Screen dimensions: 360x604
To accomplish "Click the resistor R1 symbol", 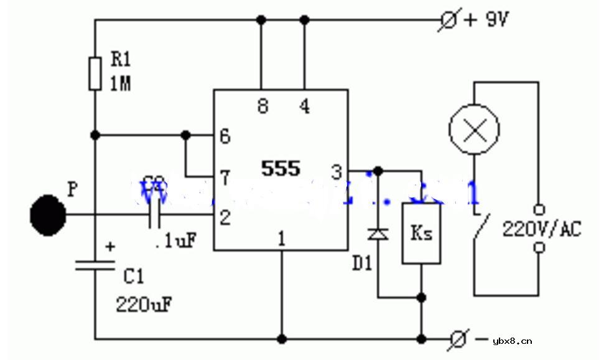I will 95,73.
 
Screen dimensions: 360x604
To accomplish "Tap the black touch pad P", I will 48,215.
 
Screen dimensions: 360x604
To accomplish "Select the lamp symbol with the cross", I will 475,129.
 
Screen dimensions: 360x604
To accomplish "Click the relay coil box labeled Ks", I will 421,233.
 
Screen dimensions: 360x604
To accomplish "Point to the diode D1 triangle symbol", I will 378,234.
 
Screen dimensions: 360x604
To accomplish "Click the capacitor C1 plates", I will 95,265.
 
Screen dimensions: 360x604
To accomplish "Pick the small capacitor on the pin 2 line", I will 155,215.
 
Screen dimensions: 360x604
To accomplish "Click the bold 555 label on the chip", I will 281,168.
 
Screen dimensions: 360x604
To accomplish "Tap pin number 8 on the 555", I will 263,106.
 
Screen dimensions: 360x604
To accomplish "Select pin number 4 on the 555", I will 304,106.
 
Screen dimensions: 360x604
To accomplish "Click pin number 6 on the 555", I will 225,136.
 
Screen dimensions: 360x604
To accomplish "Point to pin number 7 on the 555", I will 225,178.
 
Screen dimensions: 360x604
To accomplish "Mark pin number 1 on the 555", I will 282,238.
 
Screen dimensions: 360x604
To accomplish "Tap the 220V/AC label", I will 542,229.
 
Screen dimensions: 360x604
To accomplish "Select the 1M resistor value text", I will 121,84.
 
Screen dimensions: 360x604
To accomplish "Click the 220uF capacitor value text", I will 144,304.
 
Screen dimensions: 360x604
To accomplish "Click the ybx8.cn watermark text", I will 512,341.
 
